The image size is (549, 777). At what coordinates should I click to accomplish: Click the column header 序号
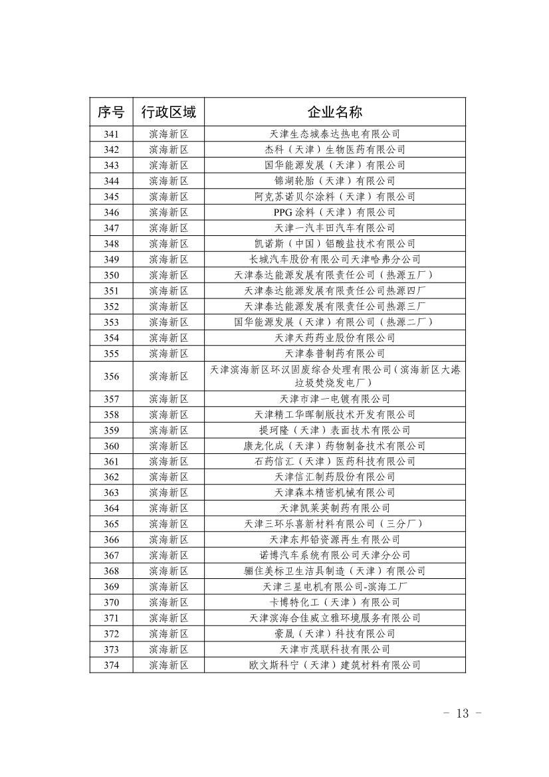111,112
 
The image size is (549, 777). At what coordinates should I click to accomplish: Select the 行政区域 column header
169,112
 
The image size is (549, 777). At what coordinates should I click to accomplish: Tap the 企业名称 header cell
334,112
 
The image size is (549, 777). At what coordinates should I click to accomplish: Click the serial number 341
111,134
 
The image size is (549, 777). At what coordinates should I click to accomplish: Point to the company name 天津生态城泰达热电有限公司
334,134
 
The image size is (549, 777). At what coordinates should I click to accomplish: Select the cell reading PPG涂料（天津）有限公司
334,212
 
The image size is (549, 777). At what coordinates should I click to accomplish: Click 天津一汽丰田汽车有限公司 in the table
334,228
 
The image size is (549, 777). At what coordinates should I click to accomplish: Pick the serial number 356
111,376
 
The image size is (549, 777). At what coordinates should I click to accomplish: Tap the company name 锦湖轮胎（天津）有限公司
334,181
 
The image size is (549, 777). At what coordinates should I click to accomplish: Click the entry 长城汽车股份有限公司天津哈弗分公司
334,259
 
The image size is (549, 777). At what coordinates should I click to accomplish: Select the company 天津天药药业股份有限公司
334,338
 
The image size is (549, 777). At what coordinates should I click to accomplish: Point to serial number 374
111,665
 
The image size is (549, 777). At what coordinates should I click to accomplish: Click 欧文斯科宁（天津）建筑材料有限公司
334,665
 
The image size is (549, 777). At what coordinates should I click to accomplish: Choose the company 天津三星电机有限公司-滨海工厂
334,587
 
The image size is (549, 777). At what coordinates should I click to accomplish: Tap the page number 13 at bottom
461,714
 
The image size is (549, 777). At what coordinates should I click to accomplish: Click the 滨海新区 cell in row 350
169,275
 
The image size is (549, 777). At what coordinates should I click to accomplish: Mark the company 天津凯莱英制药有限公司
334,508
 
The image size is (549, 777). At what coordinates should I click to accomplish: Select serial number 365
111,524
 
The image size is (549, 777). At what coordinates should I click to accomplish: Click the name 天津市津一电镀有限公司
334,399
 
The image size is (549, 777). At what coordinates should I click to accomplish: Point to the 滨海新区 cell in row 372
169,633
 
